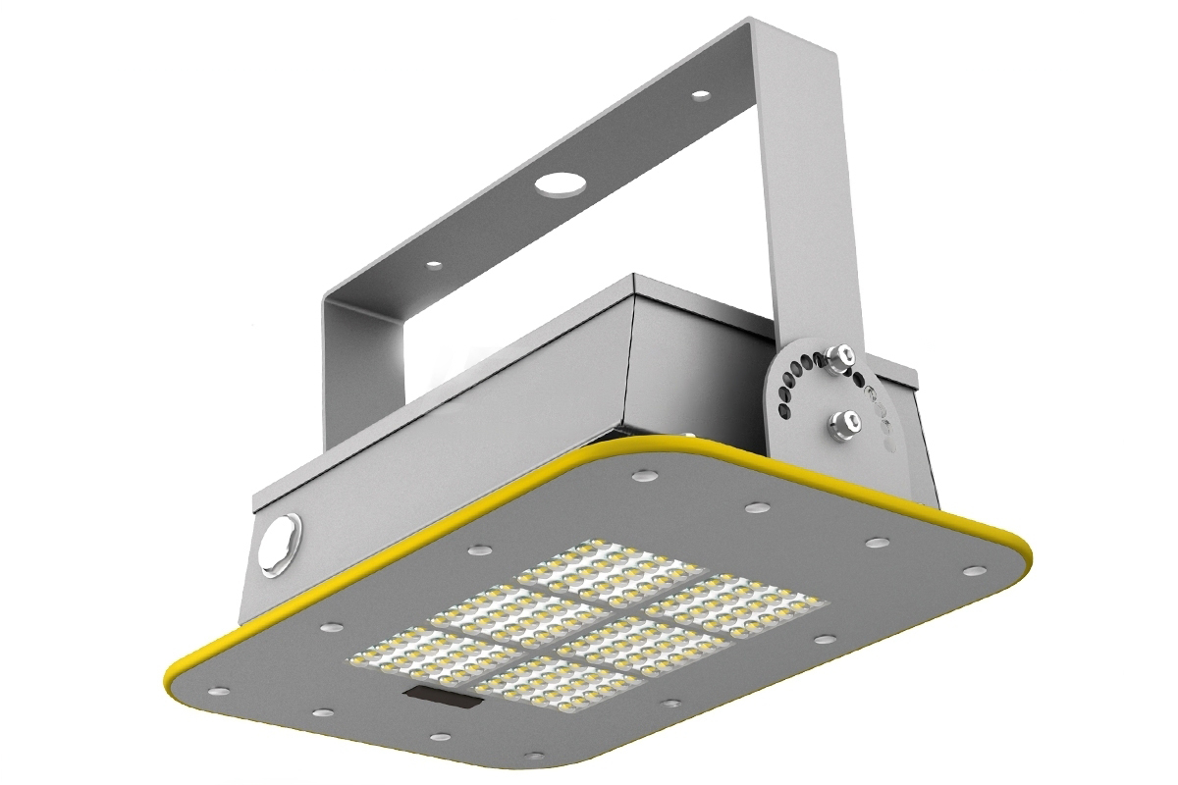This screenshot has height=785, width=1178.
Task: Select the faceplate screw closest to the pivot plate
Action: (756, 507)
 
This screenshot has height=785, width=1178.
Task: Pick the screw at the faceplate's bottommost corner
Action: (534, 755)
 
